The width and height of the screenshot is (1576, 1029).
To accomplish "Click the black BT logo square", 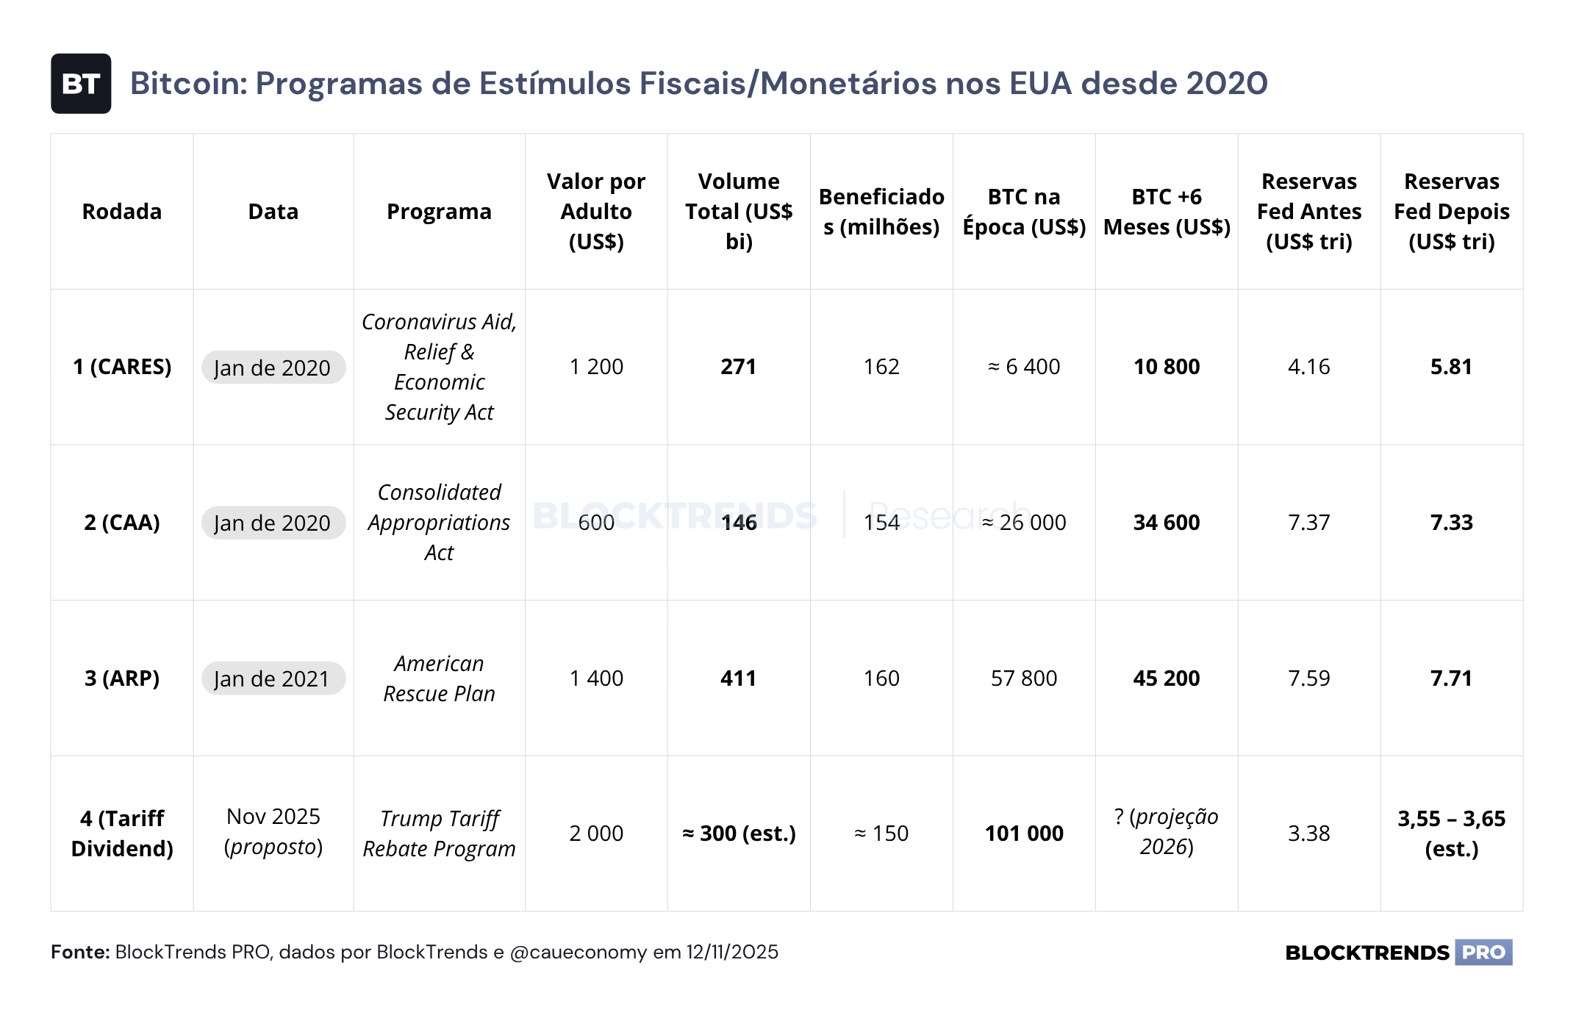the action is pyautogui.click(x=81, y=84).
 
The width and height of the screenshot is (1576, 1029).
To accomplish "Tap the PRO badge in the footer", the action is pyautogui.click(x=1483, y=953).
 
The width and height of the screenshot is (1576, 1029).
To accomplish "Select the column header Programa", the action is pyautogui.click(x=439, y=212).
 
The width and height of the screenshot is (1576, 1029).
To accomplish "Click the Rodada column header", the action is pyautogui.click(x=122, y=212).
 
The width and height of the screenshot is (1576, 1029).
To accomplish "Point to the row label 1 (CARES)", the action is pyautogui.click(x=122, y=367).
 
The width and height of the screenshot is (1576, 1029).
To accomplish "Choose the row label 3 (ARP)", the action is pyautogui.click(x=122, y=678).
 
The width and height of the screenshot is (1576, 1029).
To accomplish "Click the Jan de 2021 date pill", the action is pyautogui.click(x=273, y=678).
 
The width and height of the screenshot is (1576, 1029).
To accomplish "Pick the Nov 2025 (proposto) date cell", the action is pyautogui.click(x=273, y=831).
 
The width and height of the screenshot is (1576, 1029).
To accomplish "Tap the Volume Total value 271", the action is pyautogui.click(x=739, y=367).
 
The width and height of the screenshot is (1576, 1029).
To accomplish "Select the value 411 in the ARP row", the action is pyautogui.click(x=739, y=678).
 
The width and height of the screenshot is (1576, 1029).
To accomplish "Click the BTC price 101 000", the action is pyautogui.click(x=1024, y=833).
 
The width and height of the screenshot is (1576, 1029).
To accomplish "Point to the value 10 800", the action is pyautogui.click(x=1167, y=367).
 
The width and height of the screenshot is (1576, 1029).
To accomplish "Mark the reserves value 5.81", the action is pyautogui.click(x=1452, y=367).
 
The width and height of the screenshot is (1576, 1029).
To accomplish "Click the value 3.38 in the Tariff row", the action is pyautogui.click(x=1309, y=833).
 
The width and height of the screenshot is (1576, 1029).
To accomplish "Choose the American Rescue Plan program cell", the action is pyautogui.click(x=439, y=678).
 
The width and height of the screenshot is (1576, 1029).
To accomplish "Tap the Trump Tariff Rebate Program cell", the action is pyautogui.click(x=439, y=833).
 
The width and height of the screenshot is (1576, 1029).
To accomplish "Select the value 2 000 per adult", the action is pyautogui.click(x=596, y=833).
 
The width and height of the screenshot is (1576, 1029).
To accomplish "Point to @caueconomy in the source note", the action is pyautogui.click(x=579, y=953).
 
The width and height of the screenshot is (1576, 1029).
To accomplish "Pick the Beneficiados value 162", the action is pyautogui.click(x=881, y=367).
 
